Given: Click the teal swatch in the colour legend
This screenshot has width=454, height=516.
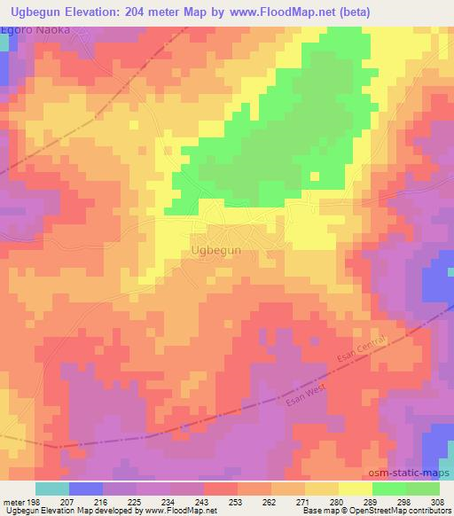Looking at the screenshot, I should (51, 489).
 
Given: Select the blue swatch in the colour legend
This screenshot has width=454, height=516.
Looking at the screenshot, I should (85, 489).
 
